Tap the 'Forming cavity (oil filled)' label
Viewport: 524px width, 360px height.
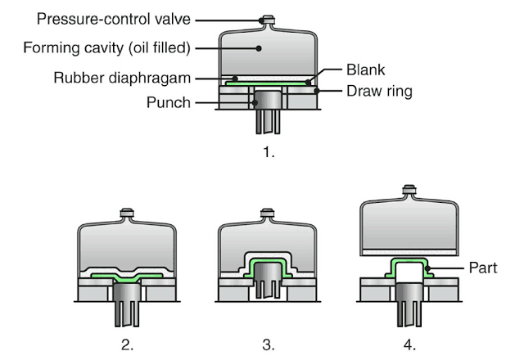point(106,48)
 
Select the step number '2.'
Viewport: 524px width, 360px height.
point(127,344)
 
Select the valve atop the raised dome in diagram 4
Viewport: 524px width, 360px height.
point(410,193)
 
